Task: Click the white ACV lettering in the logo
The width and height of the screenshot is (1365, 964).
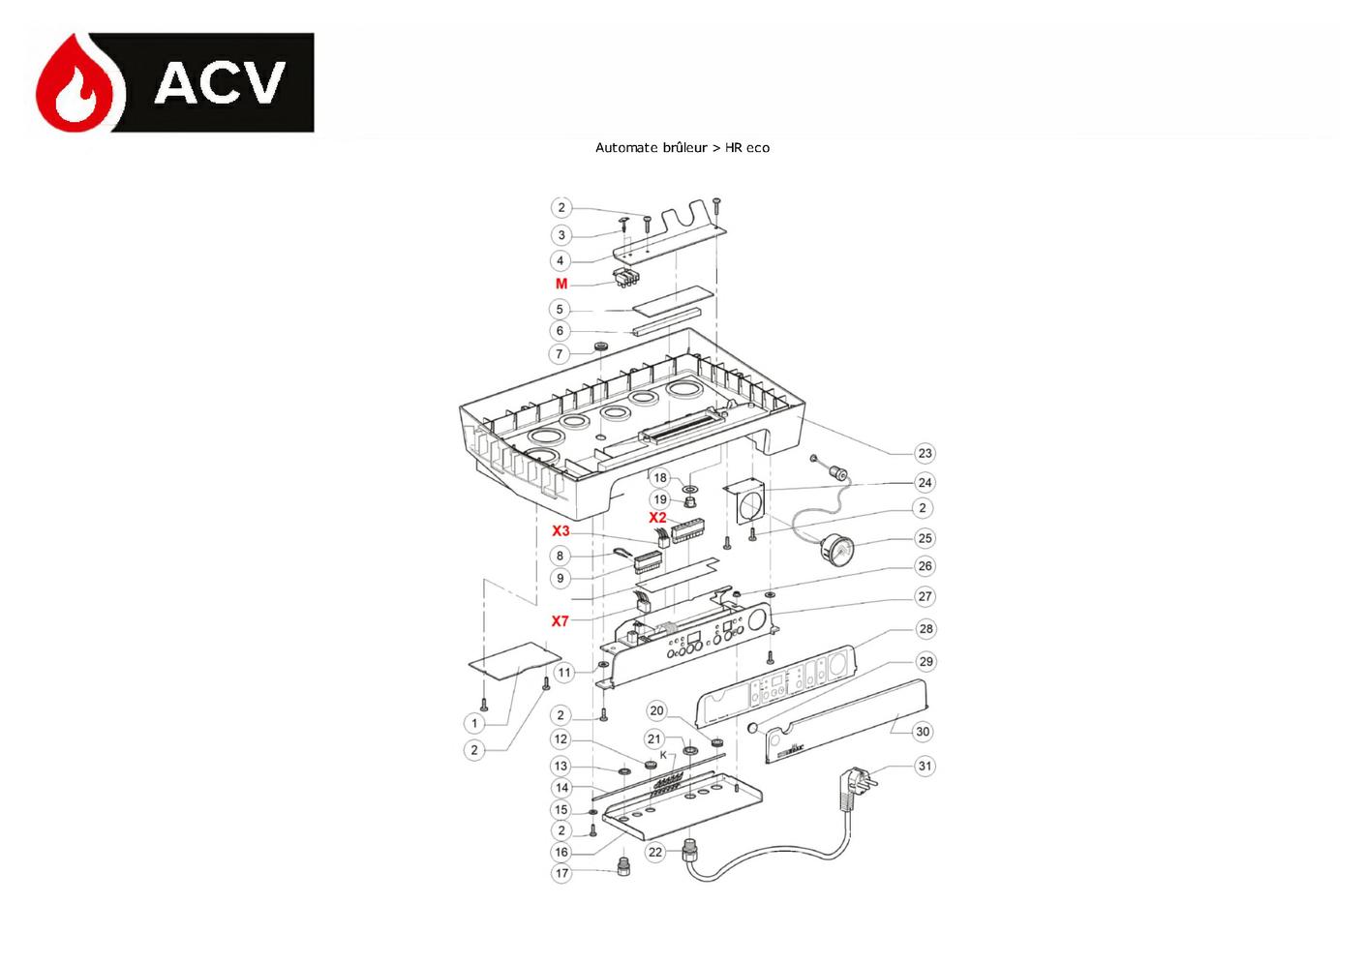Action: coord(220,82)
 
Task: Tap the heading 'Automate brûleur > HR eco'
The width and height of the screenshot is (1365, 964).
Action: coord(682,147)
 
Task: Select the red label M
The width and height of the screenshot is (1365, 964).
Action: coord(561,284)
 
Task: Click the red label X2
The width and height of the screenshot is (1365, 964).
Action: coord(657,518)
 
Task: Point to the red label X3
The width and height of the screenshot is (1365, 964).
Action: coord(561,530)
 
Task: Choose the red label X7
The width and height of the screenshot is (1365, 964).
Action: coord(560,621)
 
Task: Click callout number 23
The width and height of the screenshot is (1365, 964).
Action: coord(925,453)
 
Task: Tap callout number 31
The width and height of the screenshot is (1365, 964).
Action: coord(925,766)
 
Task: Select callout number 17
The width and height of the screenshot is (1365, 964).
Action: coord(561,873)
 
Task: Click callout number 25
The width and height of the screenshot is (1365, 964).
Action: coord(925,538)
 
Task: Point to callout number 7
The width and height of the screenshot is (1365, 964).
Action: coord(560,353)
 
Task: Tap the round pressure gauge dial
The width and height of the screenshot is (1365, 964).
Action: coord(836,548)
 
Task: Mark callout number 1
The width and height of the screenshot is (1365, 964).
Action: coord(474,723)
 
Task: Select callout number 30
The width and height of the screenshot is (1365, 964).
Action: coord(923,731)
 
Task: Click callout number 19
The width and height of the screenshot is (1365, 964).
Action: coord(660,499)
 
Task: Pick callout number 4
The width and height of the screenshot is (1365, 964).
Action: coord(560,260)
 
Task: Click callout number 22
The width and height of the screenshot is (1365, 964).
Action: coord(655,852)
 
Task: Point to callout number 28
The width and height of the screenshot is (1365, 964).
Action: coord(925,629)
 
